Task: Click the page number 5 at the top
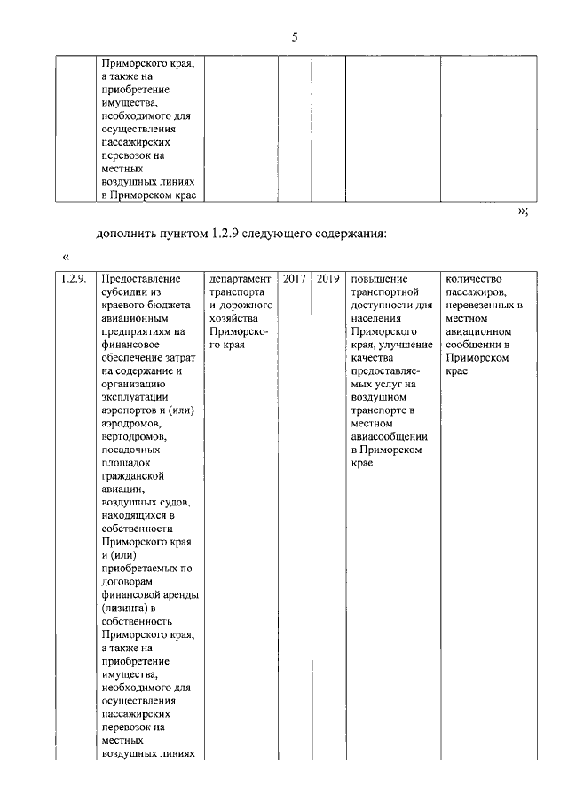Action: click(x=295, y=36)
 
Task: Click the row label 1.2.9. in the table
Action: click(x=73, y=279)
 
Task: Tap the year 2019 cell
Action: click(x=327, y=279)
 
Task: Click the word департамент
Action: click(x=240, y=279)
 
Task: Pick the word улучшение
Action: click(x=405, y=346)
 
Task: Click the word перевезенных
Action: click(x=477, y=306)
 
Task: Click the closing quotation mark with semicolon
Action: click(x=523, y=211)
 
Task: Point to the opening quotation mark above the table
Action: click(x=67, y=257)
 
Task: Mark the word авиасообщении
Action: click(x=390, y=437)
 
